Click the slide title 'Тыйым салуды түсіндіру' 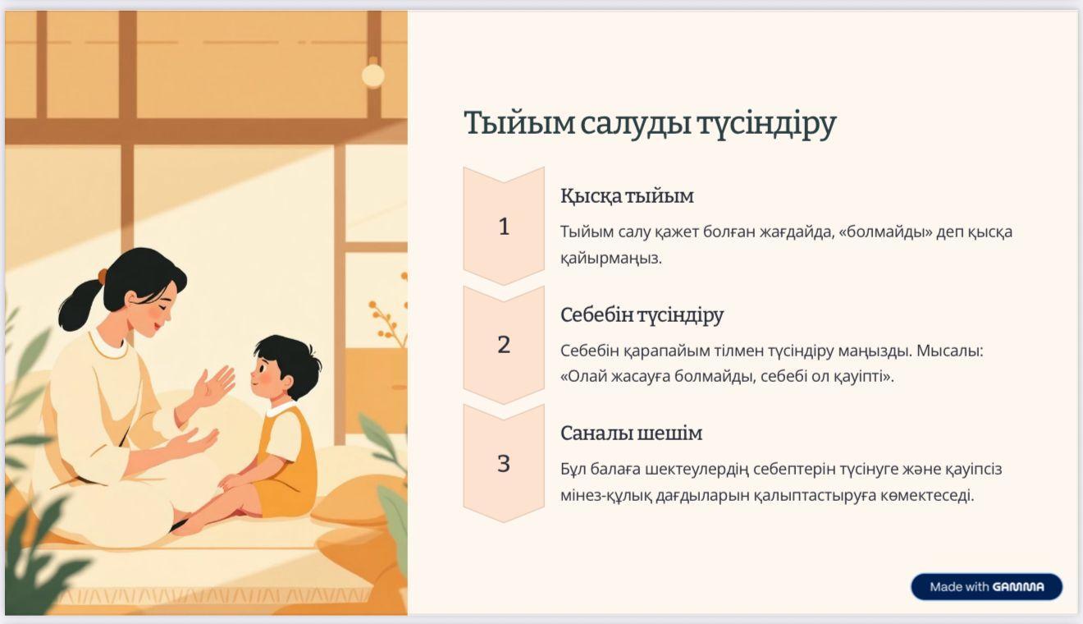click(650, 124)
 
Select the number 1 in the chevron click(504, 227)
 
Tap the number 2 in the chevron click(504, 345)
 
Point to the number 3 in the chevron click(504, 463)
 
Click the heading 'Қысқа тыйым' click(627, 196)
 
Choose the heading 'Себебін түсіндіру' click(642, 315)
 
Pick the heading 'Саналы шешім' click(632, 433)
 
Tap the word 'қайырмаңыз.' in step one click(611, 259)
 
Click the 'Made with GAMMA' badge click(986, 587)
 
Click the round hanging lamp click(373, 75)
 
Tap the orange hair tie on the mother click(102, 276)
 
